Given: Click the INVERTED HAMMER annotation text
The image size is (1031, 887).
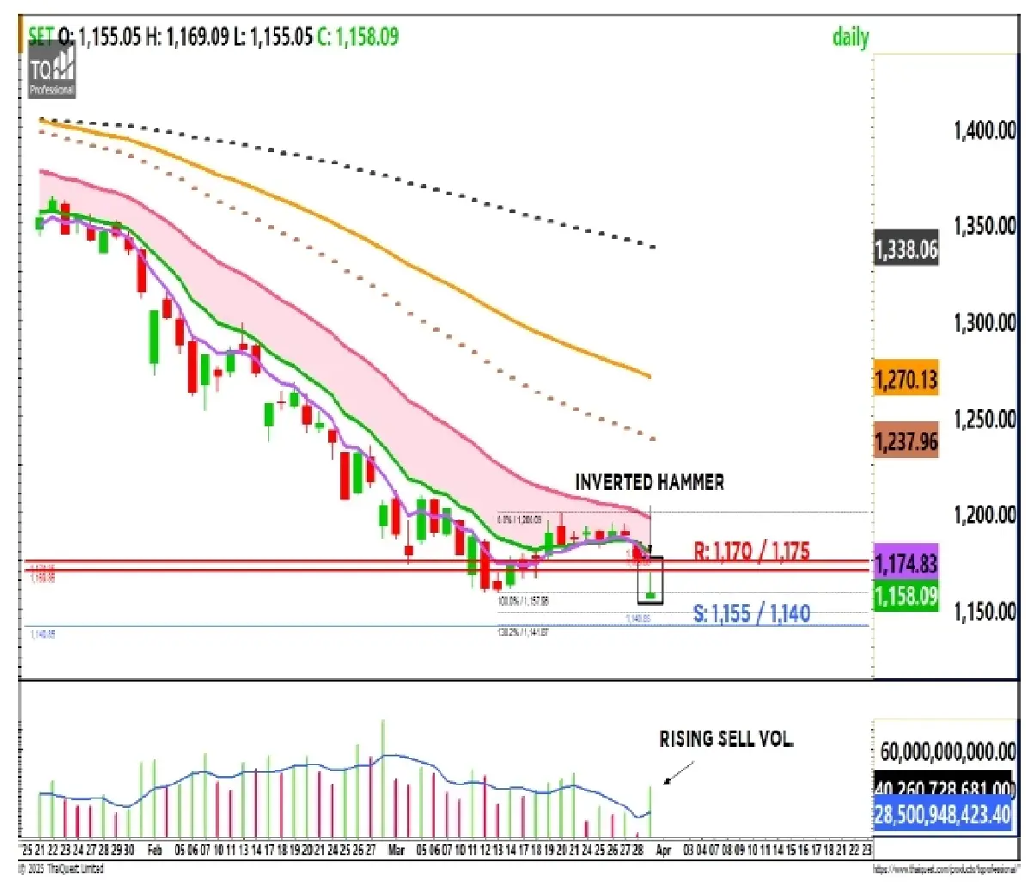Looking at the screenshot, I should click(650, 482).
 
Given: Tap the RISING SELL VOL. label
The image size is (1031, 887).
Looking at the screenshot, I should click(726, 739).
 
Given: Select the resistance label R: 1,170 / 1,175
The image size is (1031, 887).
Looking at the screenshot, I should click(752, 551).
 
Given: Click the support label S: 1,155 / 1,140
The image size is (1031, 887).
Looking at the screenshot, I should click(752, 614).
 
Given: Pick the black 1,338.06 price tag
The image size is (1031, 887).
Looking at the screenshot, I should click(906, 250).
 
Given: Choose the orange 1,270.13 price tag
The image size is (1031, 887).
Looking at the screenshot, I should click(906, 379).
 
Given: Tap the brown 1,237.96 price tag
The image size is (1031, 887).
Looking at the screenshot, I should click(906, 442).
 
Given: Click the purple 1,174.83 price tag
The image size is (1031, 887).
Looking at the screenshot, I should click(906, 564).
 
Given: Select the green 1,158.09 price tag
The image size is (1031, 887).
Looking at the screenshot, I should click(906, 596).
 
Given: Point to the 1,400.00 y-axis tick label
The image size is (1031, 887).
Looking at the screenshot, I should click(985, 131).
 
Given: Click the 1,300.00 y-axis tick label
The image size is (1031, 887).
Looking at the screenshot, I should click(985, 323).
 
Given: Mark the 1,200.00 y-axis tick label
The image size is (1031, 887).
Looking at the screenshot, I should click(985, 515).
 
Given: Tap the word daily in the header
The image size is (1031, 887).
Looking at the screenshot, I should click(851, 37).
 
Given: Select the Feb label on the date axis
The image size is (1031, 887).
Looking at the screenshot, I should click(155, 850).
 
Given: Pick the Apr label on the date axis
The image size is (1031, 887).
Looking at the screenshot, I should click(663, 850).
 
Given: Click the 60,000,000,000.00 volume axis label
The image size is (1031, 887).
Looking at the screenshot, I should click(949, 752).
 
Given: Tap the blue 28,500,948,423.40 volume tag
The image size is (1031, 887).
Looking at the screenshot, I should click(943, 814).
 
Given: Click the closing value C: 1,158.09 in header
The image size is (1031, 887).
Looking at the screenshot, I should click(358, 37).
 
